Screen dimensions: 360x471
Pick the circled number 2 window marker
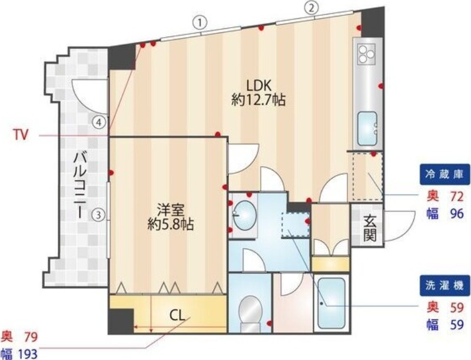(311, 8)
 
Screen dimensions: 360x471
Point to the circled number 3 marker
(101, 215)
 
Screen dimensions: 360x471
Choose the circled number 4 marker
(101, 122)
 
